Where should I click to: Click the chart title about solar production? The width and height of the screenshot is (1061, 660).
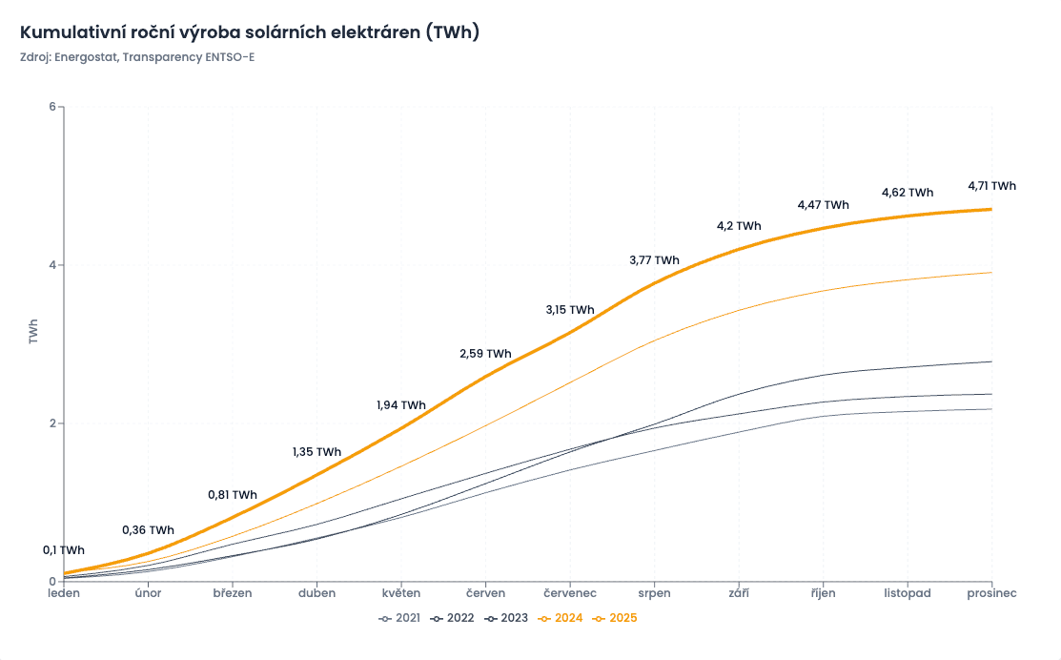249,32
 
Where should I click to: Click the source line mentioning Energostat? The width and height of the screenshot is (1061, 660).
137,57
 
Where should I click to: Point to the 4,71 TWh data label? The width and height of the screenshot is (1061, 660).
991,186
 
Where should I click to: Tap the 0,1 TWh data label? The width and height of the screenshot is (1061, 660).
64,550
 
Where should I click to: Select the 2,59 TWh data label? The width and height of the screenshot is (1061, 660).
485,354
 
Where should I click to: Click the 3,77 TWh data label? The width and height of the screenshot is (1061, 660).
654,260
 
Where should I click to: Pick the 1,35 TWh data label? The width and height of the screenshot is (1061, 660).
316,452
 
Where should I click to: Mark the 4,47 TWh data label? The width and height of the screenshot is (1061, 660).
823,205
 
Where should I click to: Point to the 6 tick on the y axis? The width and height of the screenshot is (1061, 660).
51,107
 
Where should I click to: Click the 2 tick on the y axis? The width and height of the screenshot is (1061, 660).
51,423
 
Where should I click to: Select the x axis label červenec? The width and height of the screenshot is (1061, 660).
570,593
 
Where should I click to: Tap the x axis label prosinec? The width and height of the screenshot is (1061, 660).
991,593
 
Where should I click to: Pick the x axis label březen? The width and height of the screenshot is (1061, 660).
233,593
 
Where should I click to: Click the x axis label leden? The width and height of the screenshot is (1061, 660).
65,593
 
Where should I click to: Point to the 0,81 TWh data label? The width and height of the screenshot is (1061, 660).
233,495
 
